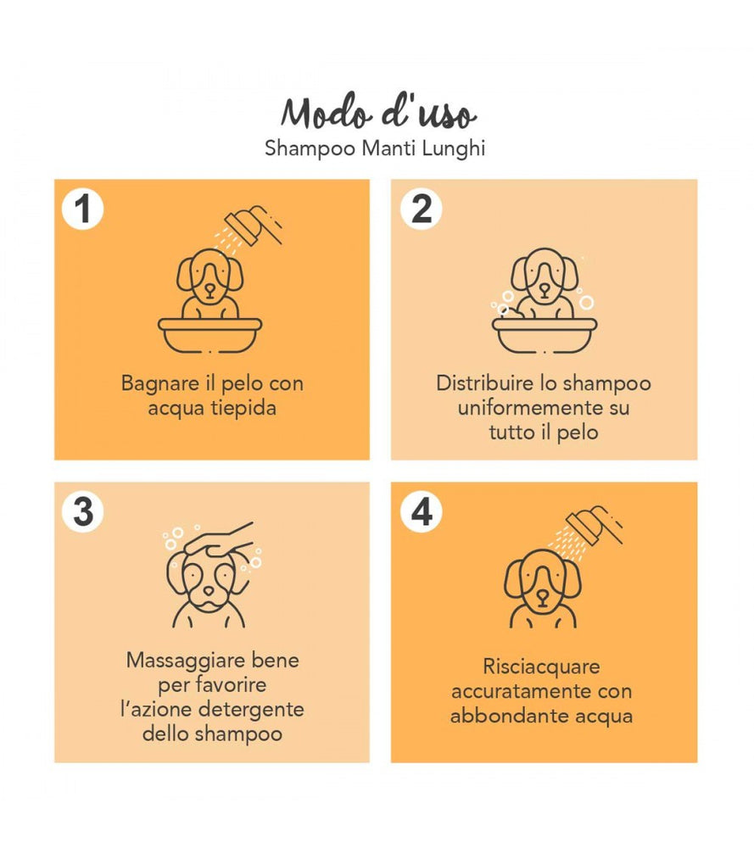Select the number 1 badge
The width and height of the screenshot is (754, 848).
[83, 209]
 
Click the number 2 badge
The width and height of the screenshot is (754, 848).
[422, 209]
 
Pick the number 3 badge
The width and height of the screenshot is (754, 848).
[83, 511]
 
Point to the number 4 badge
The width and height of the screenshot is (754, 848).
[422, 511]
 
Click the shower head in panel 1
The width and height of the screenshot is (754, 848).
[253, 226]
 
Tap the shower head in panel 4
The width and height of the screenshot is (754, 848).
[594, 525]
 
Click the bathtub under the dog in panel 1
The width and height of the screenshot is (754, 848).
[209, 335]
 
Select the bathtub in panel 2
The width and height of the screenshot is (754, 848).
[545, 335]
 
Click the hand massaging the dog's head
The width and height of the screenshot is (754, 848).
[219, 541]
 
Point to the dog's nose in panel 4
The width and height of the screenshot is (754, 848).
[543, 596]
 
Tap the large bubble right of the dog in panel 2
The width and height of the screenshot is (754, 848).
[587, 303]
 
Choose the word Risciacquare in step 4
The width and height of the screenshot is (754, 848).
[541, 667]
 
